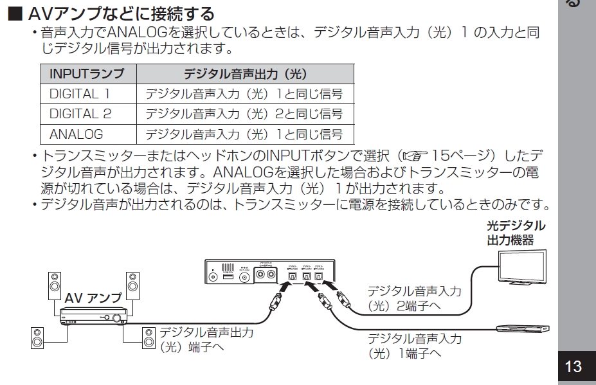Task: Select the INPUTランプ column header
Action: [x=87, y=73]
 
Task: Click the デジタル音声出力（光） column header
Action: [x=244, y=73]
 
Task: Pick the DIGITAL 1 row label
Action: [x=80, y=94]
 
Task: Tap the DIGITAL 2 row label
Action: [x=80, y=114]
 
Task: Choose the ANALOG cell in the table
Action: [x=76, y=134]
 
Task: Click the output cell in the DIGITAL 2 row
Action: [x=244, y=114]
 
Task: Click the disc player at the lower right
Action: [x=521, y=328]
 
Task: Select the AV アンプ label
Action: [x=93, y=298]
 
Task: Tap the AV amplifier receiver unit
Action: [x=94, y=316]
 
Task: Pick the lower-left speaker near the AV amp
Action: [x=37, y=337]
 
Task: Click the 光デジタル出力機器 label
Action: [x=516, y=233]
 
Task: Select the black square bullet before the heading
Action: [x=14, y=13]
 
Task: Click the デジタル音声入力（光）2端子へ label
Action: [x=413, y=298]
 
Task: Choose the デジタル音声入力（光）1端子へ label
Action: [x=413, y=346]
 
